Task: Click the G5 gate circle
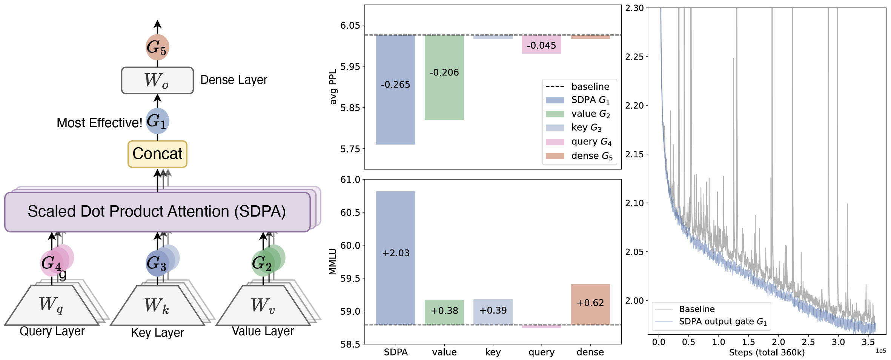(157, 47)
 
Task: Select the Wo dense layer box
(157, 80)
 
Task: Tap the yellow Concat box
(157, 154)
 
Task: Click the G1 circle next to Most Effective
(157, 121)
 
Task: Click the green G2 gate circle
(263, 263)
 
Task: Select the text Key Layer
(157, 332)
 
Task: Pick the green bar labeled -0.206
(444, 77)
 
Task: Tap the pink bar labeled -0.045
(541, 45)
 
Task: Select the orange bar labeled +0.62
(590, 304)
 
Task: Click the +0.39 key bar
(493, 312)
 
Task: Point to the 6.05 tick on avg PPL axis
(350, 25)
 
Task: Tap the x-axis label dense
(590, 352)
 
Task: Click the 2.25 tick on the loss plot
(634, 57)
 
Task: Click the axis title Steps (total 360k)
(767, 352)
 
